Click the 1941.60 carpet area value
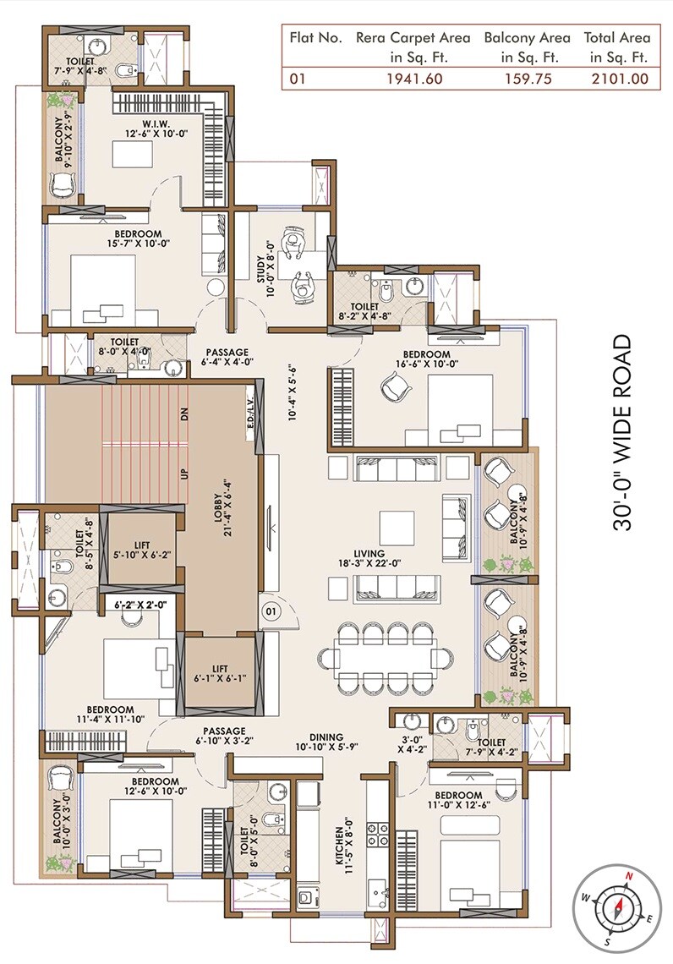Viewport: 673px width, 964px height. tap(413, 79)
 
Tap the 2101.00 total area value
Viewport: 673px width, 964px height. tap(619, 79)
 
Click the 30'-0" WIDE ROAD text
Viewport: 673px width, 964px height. tap(624, 432)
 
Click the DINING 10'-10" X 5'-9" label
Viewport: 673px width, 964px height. tap(326, 742)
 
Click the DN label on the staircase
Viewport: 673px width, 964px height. tap(183, 414)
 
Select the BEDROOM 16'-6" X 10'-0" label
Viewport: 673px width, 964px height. tap(425, 359)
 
